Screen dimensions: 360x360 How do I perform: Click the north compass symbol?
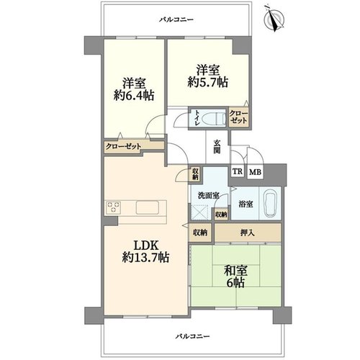[x=274, y=19]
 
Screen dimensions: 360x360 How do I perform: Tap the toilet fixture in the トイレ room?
[x=213, y=119]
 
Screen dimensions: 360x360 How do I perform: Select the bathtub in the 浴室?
[x=271, y=203]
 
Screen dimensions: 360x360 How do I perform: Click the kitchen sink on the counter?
[x=148, y=208]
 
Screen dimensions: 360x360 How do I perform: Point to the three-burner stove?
[x=113, y=207]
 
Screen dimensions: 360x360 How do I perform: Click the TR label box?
[x=238, y=172]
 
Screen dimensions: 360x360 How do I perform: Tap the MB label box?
[x=255, y=172]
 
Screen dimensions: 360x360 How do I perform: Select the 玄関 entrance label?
[x=217, y=146]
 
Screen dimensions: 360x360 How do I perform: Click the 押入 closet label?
[x=248, y=233]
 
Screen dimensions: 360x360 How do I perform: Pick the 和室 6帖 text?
[x=235, y=276]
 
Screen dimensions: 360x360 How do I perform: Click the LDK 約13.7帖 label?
[x=145, y=251]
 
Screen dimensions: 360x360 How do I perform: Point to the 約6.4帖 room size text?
[x=134, y=96]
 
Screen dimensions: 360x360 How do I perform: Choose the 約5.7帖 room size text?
[x=207, y=82]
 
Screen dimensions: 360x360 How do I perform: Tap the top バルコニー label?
[x=176, y=19]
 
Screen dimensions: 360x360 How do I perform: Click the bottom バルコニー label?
[x=192, y=336]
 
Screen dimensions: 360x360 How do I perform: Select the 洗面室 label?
[x=208, y=195]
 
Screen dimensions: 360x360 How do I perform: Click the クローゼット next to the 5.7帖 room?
[x=238, y=117]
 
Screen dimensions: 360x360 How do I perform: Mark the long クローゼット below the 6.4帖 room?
[x=123, y=146]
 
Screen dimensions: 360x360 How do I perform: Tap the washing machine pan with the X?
[x=199, y=212]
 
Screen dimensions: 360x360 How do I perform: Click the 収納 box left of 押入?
[x=200, y=233]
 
